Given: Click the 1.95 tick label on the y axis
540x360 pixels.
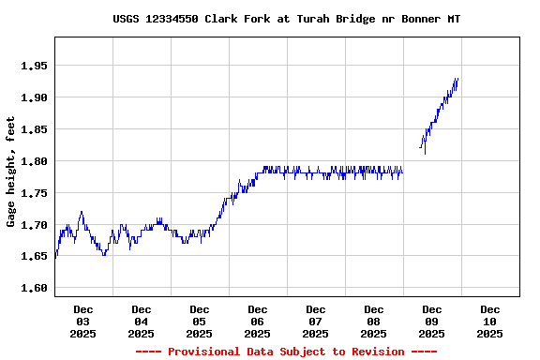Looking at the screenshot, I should click(x=34, y=66).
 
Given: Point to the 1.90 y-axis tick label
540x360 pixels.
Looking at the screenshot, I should click(x=34, y=97).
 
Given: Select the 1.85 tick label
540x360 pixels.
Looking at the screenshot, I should click(x=34, y=129).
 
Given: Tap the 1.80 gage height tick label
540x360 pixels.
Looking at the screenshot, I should click(x=34, y=161).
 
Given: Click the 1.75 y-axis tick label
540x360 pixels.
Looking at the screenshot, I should click(x=34, y=193).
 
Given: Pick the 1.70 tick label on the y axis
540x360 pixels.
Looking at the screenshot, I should click(x=34, y=225).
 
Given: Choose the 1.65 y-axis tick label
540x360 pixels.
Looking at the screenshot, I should click(x=34, y=256).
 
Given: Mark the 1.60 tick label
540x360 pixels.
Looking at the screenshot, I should click(x=34, y=288).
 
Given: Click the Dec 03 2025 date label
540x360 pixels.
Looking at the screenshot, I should click(x=82, y=321).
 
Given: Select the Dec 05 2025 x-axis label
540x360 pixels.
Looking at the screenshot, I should click(x=199, y=321).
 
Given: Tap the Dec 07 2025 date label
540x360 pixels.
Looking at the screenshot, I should click(x=315, y=321).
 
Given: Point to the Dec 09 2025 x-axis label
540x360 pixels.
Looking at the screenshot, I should click(x=431, y=321).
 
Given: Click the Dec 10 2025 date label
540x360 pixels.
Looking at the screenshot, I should click(x=489, y=321).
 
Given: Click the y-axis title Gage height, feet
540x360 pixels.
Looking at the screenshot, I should click(x=11, y=172).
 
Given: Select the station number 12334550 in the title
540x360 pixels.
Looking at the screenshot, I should click(x=172, y=19).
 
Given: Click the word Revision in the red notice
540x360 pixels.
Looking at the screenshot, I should click(x=372, y=352).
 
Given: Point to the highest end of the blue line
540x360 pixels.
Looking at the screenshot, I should click(x=457, y=79).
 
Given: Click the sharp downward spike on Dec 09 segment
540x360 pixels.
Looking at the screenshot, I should click(x=425, y=152).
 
